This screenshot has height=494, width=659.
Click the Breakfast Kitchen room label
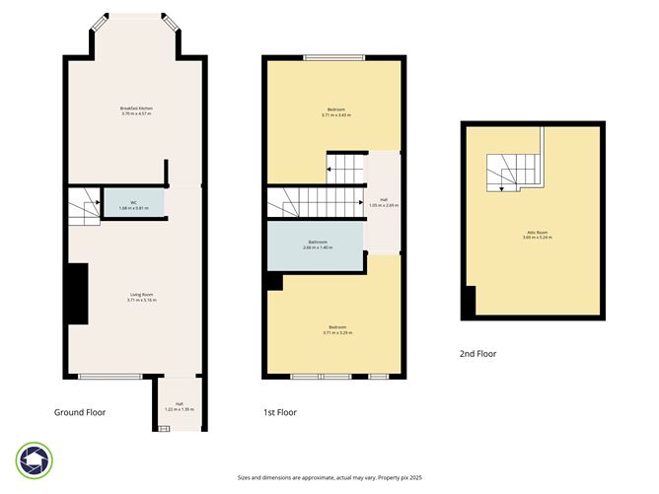coord(136,110)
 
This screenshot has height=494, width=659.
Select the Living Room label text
coord(141,297)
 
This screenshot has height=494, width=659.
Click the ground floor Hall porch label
coord(180,405)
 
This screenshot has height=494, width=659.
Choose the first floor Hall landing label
coord(383,202)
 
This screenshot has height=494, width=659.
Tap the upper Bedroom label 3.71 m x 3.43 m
coord(336,111)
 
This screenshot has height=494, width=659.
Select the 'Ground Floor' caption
coord(80,412)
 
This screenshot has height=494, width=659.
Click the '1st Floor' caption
coord(280,412)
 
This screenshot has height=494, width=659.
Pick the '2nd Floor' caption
coord(479,352)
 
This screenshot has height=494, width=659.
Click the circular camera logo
coord(34,459)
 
